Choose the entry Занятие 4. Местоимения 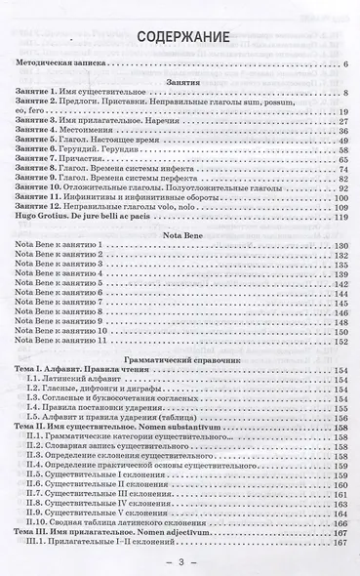[x=69, y=134]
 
